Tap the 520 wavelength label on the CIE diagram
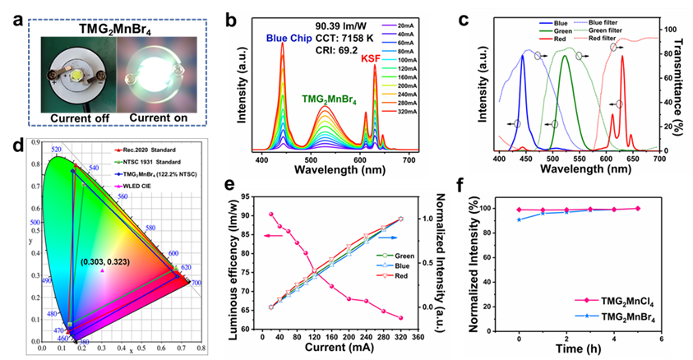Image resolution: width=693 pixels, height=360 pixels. (x=56, y=150)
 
